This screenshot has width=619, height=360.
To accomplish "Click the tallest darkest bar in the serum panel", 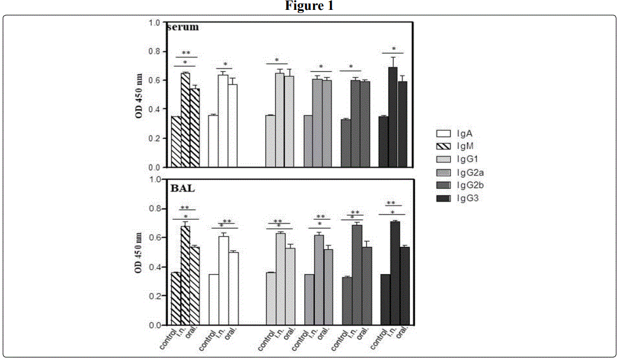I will [393, 117].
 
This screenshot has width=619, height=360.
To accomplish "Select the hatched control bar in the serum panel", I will [176, 142].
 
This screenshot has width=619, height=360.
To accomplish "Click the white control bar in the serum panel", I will [213, 141].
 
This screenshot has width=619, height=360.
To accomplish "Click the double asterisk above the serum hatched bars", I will [186, 53].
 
